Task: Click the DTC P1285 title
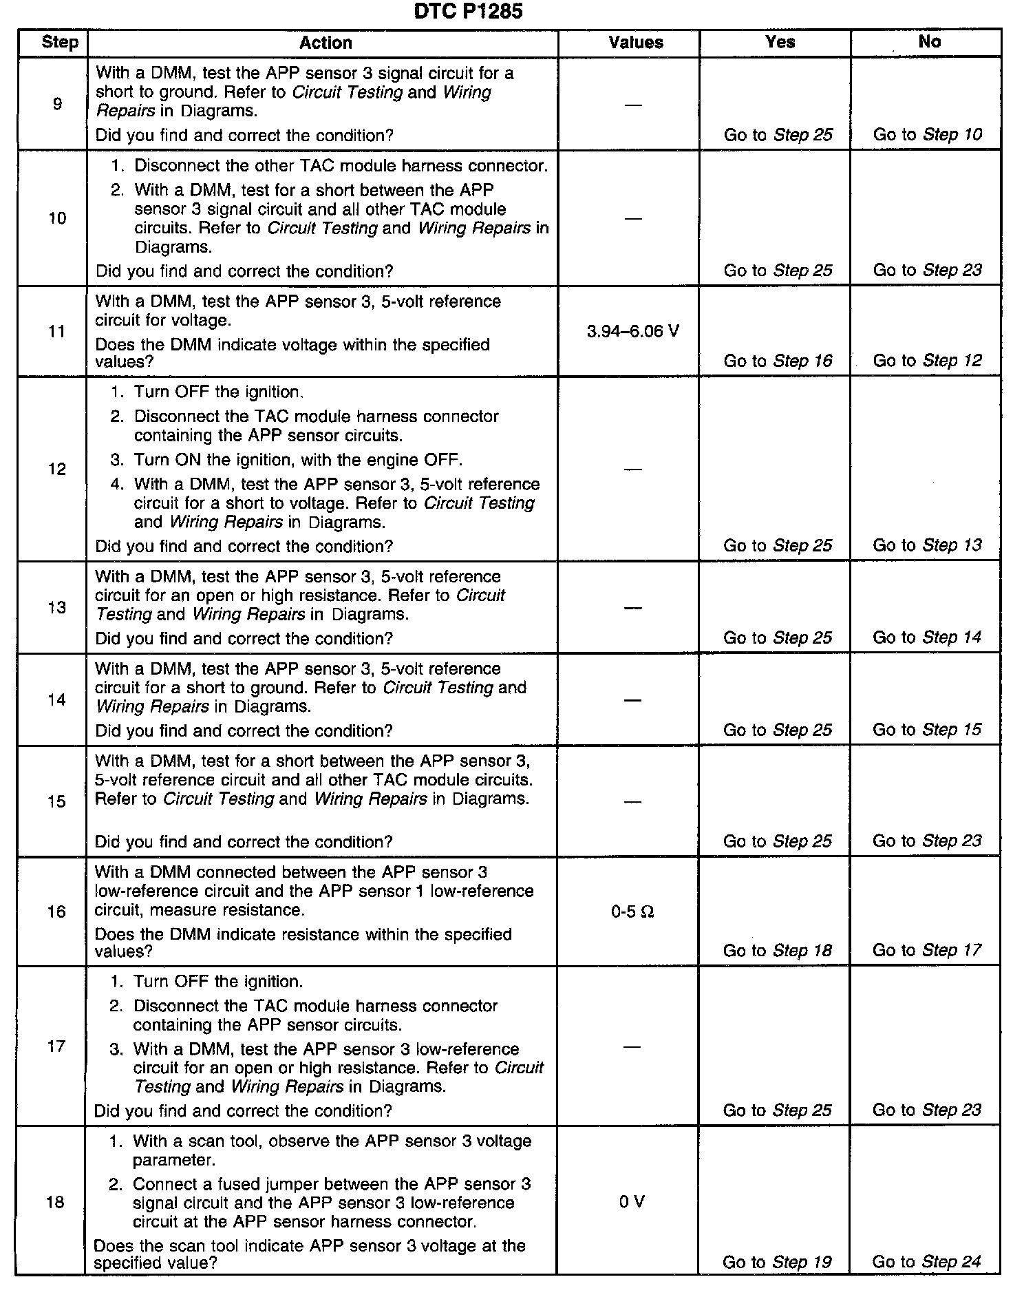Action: click(468, 12)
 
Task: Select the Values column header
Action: click(636, 43)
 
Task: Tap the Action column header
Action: click(326, 43)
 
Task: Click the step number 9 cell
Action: click(57, 104)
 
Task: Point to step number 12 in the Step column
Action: click(57, 469)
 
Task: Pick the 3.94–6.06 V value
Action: click(633, 332)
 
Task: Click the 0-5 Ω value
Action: click(632, 912)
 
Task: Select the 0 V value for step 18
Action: click(632, 1202)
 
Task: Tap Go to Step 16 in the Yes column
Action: click(778, 361)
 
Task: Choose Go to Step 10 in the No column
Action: click(927, 134)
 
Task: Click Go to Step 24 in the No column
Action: click(927, 1262)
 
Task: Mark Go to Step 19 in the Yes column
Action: click(777, 1262)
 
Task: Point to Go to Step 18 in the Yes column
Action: click(777, 951)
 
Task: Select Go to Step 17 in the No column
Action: click(927, 950)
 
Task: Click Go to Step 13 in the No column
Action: click(927, 545)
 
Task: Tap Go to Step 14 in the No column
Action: click(927, 637)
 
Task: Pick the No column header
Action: click(929, 42)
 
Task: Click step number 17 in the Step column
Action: click(56, 1046)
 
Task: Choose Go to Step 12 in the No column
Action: click(927, 361)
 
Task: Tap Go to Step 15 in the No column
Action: click(927, 730)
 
